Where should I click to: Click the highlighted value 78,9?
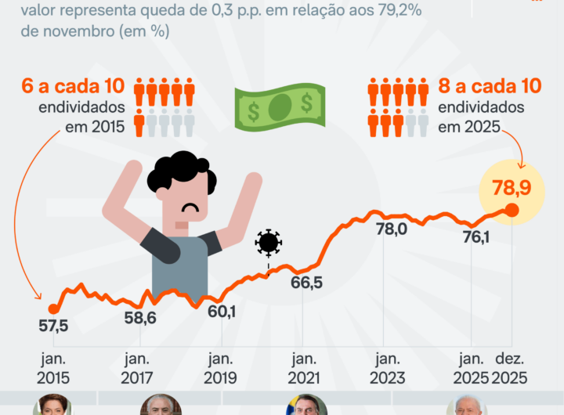tap(512, 187)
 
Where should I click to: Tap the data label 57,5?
tap(54, 326)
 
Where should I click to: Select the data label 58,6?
tap(140, 318)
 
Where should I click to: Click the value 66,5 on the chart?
tap(306, 283)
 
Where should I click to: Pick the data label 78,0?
tap(391, 229)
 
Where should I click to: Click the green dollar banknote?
tap(280, 106)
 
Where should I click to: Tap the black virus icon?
tap(268, 243)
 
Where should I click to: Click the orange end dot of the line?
tap(512, 210)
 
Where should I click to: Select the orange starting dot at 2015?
tap(53, 309)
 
